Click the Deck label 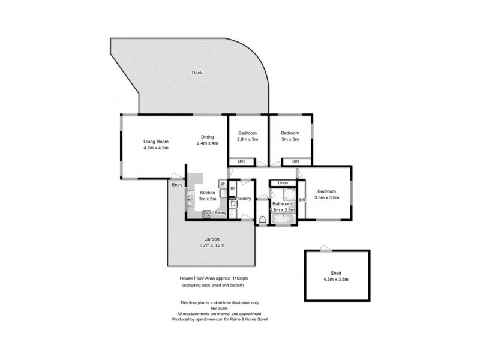point(197,73)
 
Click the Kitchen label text point(208,193)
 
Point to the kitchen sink point(190,199)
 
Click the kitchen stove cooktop point(207,213)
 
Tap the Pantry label point(220,213)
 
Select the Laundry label point(243,199)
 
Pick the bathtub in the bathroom point(283,220)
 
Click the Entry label point(177,185)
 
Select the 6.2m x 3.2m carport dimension point(211,245)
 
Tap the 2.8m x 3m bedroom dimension point(248,139)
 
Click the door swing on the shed point(324,248)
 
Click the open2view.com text point(220,319)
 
